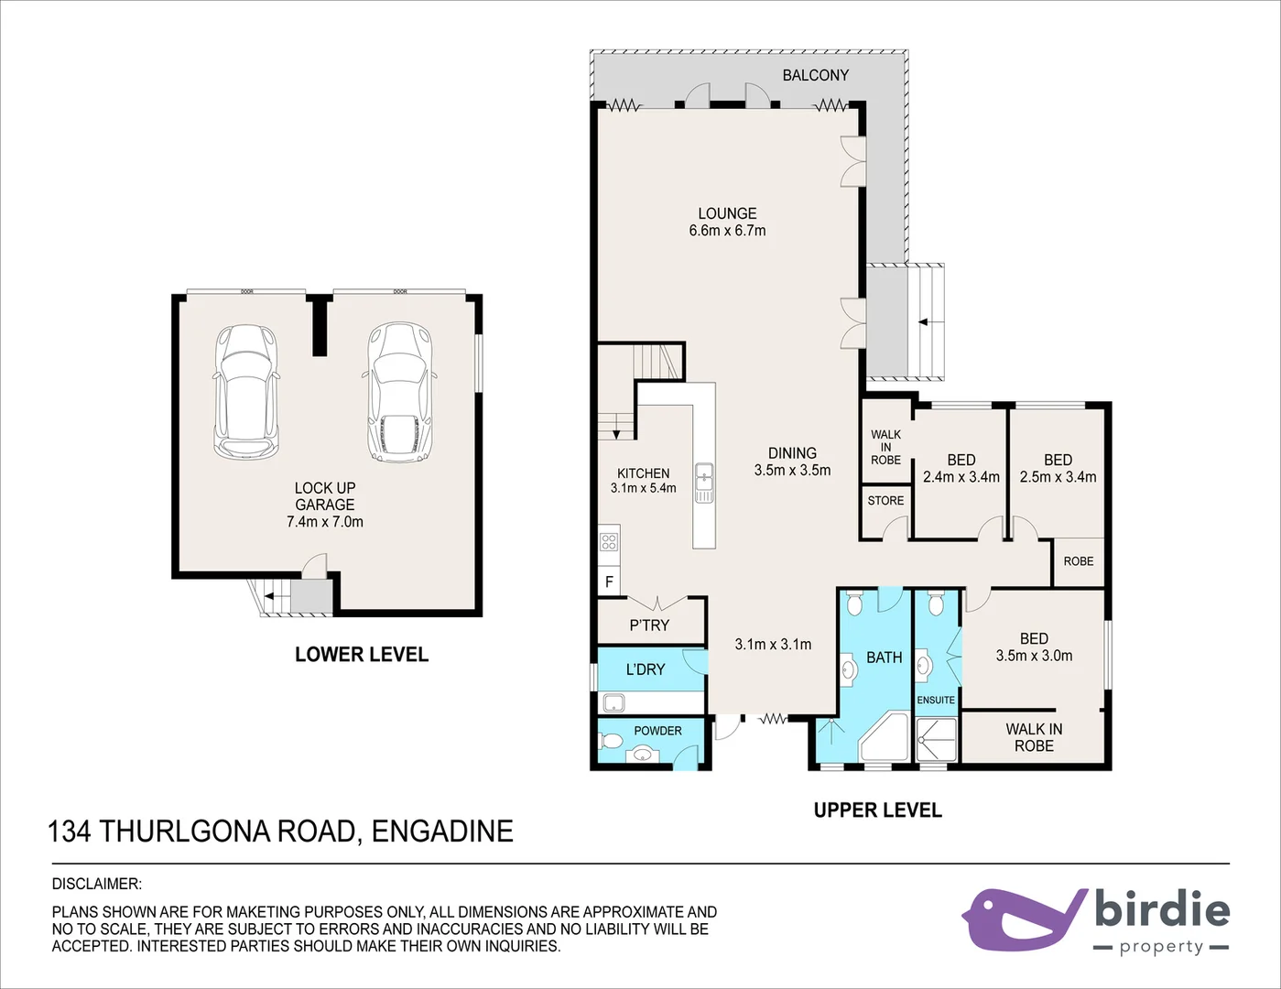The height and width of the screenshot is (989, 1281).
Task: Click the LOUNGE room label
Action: click(x=727, y=213)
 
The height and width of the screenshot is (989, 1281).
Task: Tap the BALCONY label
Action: click(x=815, y=75)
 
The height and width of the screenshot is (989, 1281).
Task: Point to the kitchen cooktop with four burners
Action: click(x=609, y=540)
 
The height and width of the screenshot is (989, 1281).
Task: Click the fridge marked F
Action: click(x=609, y=581)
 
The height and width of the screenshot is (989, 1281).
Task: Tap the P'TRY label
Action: click(x=649, y=625)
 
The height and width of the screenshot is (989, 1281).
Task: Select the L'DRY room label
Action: click(x=645, y=669)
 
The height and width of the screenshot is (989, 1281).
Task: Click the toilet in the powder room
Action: click(x=610, y=740)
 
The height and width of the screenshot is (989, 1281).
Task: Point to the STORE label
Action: click(x=885, y=500)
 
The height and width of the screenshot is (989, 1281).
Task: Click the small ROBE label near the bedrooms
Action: click(x=1078, y=561)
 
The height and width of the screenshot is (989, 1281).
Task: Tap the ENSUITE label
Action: click(x=936, y=700)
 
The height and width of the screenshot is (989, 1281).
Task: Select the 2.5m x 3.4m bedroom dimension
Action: click(x=1058, y=477)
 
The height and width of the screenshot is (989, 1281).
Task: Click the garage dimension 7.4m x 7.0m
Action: click(x=324, y=522)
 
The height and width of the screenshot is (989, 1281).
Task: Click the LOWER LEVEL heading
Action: click(x=361, y=655)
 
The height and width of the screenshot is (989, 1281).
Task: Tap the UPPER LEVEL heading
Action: click(x=877, y=810)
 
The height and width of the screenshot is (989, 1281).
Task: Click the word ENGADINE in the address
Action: click(x=442, y=831)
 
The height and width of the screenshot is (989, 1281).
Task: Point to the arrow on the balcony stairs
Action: click(x=923, y=322)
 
